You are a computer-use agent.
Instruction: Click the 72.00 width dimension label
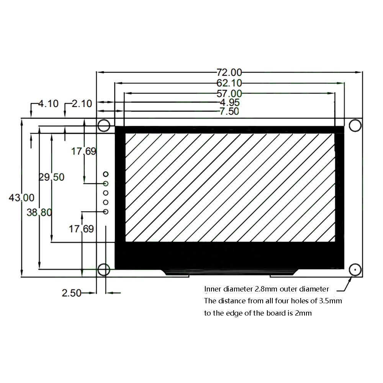point(229,72)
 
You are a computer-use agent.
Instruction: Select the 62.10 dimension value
point(229,83)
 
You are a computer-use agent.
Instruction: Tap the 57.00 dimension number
point(229,93)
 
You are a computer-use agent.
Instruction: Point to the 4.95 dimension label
point(229,102)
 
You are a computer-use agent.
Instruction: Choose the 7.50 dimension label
point(229,111)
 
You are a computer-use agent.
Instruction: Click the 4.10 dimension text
point(48,103)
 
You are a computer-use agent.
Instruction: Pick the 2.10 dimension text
point(82,103)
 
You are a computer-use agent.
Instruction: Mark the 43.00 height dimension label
point(21,198)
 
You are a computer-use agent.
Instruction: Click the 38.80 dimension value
point(39,212)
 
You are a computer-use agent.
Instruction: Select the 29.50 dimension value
point(52,177)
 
